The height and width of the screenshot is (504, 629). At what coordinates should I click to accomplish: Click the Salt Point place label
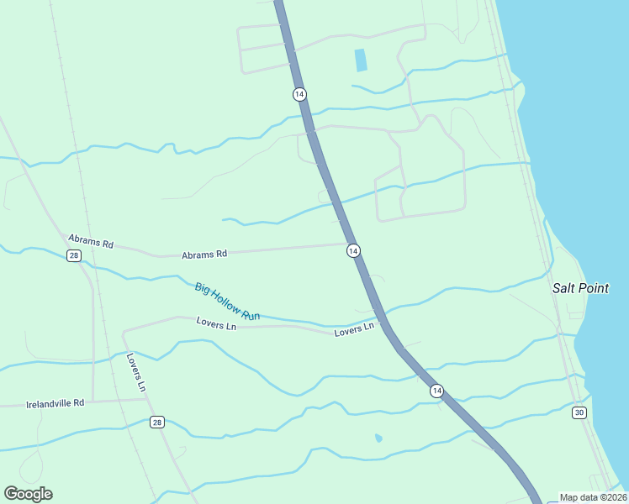(x=579, y=288)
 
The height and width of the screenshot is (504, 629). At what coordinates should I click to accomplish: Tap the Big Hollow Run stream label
(x=227, y=302)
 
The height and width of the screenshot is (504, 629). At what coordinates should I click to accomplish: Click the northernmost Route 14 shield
(x=299, y=94)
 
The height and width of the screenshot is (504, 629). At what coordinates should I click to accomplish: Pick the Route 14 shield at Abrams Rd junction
(x=353, y=250)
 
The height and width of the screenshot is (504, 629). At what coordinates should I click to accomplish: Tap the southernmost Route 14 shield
(x=436, y=391)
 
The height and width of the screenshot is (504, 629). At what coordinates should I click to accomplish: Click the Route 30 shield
(x=579, y=412)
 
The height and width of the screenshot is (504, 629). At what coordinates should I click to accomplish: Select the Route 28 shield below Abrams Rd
(x=74, y=255)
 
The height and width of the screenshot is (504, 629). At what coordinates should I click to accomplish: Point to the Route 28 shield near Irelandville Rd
(x=157, y=422)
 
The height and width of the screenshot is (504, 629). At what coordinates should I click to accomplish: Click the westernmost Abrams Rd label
(x=91, y=242)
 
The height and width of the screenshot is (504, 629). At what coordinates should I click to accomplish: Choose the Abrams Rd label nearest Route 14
(x=204, y=254)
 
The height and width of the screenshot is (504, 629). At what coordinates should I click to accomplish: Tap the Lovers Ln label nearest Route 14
(x=353, y=330)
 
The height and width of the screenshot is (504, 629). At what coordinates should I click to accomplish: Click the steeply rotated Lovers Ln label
(x=136, y=372)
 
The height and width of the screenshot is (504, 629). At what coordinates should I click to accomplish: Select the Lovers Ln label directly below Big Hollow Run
(x=216, y=323)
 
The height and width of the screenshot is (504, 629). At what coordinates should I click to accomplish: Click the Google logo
(x=29, y=494)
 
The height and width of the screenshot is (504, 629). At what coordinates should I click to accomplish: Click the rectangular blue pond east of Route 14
(x=361, y=60)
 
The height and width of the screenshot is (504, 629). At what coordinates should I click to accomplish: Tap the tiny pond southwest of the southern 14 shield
(x=378, y=438)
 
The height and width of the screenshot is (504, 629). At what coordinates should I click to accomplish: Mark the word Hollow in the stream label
(x=228, y=302)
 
